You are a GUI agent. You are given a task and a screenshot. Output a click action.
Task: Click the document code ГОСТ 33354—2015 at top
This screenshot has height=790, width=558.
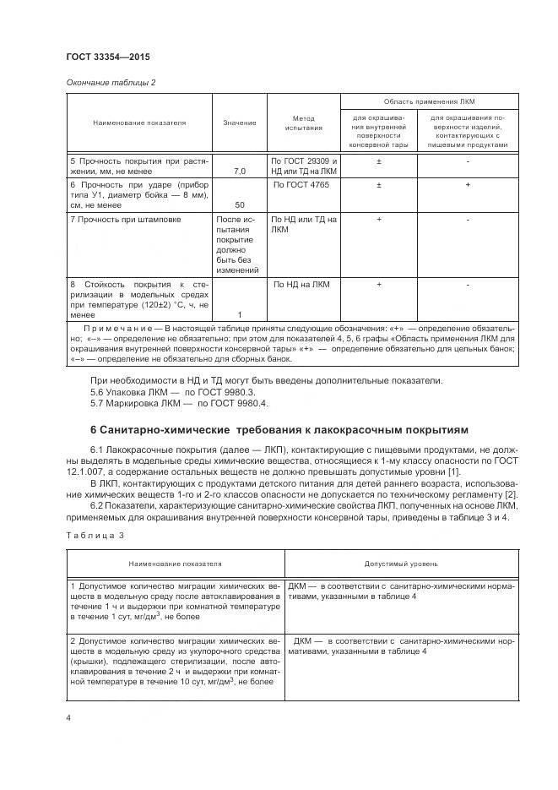(107, 57)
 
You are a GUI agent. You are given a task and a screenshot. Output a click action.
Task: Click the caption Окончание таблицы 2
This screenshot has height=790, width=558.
(111, 82)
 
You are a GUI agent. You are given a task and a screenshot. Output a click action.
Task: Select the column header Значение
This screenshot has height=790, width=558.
(240, 123)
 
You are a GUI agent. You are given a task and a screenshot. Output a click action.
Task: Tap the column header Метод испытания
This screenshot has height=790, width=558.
(303, 123)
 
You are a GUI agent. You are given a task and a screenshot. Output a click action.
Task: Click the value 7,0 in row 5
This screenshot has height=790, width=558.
(239, 171)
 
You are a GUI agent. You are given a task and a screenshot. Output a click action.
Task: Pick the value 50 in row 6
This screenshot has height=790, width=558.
(239, 205)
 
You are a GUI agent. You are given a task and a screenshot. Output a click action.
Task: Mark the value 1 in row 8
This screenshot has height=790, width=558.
(239, 315)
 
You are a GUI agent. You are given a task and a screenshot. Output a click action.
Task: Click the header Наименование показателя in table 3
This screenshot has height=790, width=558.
(175, 561)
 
